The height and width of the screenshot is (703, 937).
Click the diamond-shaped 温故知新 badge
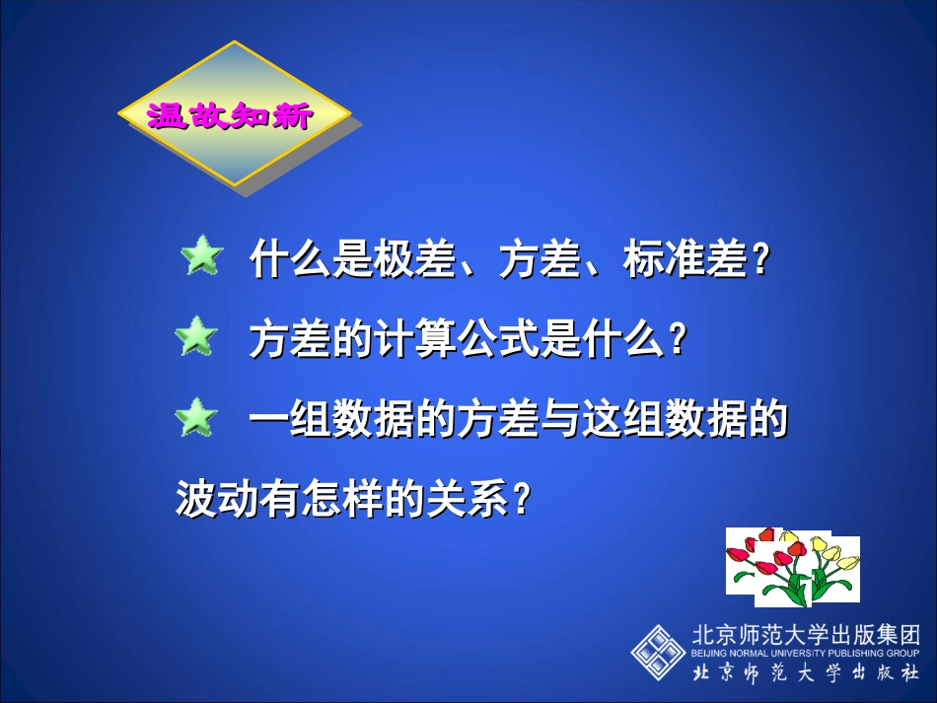234,115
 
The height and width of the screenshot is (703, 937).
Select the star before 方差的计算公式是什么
195,338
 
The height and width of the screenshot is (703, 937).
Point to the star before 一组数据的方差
195,418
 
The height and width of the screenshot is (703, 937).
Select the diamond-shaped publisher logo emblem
657,651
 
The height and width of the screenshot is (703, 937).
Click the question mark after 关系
523,499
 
